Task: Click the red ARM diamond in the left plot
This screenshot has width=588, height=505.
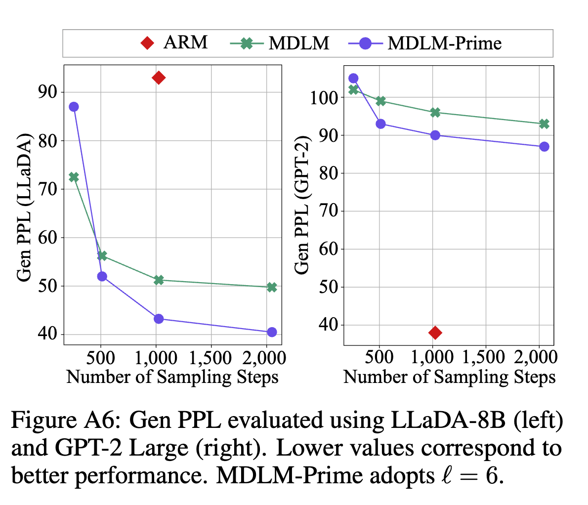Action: pyautogui.click(x=159, y=78)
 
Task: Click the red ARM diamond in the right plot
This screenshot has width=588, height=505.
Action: pyautogui.click(x=435, y=333)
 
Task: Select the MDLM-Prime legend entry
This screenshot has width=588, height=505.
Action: pyautogui.click(x=424, y=43)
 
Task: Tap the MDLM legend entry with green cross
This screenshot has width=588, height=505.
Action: pyautogui.click(x=280, y=43)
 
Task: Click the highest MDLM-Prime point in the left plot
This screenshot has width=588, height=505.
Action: pyautogui.click(x=74, y=107)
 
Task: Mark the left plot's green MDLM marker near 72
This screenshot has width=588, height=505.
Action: pyautogui.click(x=74, y=177)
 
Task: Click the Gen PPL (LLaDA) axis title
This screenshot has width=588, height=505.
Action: pyautogui.click(x=24, y=208)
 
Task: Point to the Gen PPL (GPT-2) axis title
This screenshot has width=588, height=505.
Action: pyautogui.click(x=301, y=205)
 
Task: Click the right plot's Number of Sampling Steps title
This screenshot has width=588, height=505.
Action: pyautogui.click(x=449, y=377)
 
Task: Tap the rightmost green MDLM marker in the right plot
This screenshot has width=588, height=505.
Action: pyautogui.click(x=544, y=124)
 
